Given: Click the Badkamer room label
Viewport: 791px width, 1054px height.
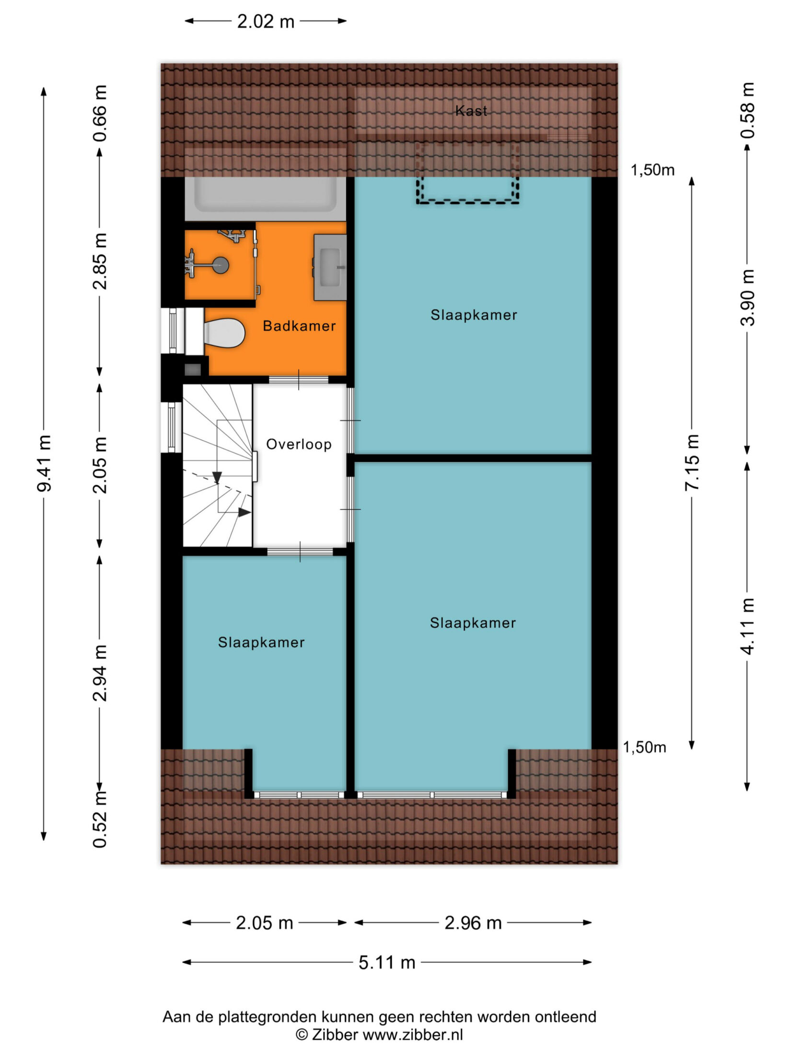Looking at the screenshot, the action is coord(299,326).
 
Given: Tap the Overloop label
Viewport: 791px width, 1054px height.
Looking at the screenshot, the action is coord(299,444).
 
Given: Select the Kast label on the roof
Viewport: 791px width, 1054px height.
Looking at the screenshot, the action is coord(471,111).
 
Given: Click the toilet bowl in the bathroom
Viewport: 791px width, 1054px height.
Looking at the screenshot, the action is coord(224,333).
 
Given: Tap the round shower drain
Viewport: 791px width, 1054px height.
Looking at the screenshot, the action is coord(221,265).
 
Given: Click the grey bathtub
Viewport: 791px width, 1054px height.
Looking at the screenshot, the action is coord(266,194).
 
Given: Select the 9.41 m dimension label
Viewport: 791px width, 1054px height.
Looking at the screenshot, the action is coord(44,463).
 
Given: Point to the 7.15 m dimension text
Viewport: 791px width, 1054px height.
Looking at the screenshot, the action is coord(692,462).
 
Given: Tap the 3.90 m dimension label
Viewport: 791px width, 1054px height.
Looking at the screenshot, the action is coord(747,298).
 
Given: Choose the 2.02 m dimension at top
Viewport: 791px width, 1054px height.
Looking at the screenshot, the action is coord(266,22).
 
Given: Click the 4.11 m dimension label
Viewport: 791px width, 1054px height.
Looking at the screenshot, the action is coord(747,626).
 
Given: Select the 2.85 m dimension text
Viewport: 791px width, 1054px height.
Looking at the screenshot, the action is coord(100,262).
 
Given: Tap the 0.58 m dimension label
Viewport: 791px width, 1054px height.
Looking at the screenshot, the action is coord(747,111).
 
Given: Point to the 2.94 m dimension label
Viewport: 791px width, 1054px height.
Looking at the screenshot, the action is coord(100,673).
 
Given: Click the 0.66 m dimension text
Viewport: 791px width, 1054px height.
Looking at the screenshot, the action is coord(100,114).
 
